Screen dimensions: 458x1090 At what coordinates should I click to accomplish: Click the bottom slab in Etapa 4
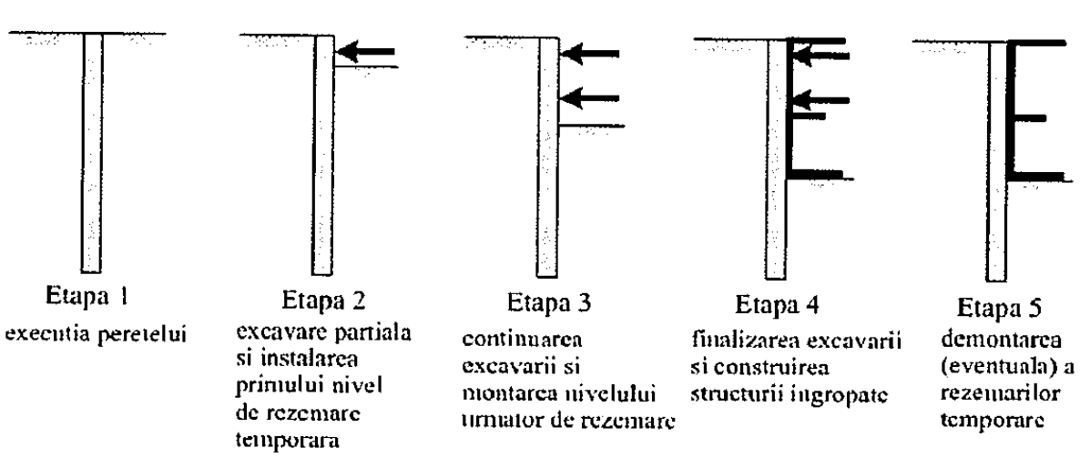click(816, 173)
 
